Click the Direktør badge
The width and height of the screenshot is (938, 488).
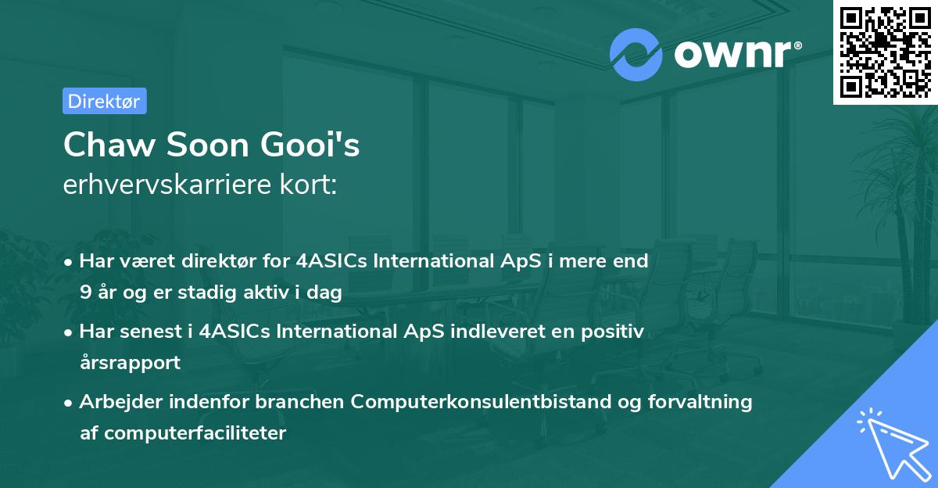pyautogui.click(x=104, y=101)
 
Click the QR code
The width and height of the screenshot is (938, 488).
pyautogui.click(x=885, y=52)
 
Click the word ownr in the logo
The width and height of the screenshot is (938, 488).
pyautogui.click(x=732, y=55)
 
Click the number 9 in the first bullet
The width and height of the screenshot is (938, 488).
pyautogui.click(x=84, y=293)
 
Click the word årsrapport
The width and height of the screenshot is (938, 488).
pyautogui.click(x=130, y=363)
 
